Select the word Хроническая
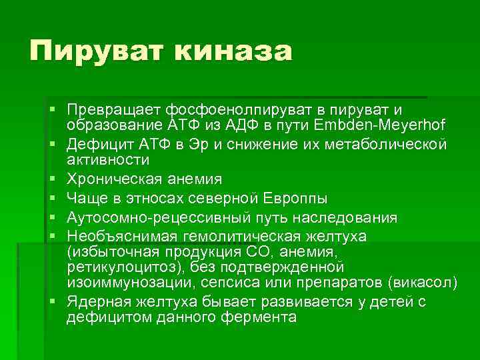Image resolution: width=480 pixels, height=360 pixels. [x=111, y=180]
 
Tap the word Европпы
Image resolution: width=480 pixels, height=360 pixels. [x=295, y=199]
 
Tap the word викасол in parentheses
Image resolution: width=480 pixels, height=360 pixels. [x=421, y=283]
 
